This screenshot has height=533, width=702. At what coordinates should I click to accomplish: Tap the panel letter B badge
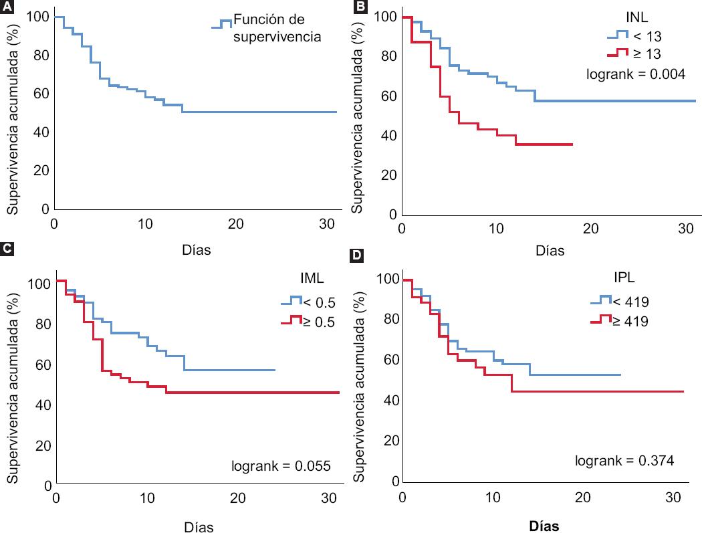[360, 7]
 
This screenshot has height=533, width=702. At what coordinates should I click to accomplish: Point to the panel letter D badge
[360, 256]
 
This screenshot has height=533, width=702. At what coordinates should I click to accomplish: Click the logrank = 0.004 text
[636, 74]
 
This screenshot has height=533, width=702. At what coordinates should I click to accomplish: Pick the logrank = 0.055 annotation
[281, 465]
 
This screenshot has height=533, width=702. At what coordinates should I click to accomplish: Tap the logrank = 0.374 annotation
[624, 461]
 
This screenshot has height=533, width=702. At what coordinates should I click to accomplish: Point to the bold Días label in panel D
[544, 526]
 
